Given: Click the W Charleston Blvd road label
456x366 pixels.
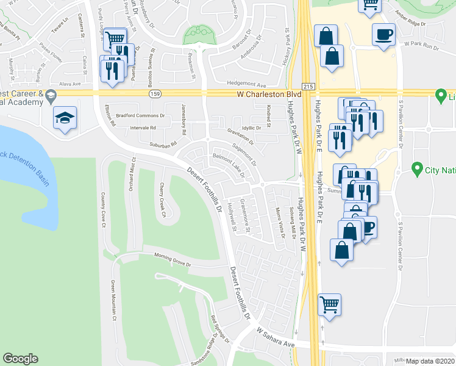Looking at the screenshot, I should [269, 95].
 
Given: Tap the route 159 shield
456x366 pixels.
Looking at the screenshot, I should [155, 95].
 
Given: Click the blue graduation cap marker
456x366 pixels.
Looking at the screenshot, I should [63, 118].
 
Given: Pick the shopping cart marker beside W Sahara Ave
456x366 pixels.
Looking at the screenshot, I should [329, 303].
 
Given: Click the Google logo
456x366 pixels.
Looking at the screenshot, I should [21, 359].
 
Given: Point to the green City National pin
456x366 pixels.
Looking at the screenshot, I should [417, 168].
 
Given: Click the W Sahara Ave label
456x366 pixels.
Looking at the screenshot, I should [276, 337].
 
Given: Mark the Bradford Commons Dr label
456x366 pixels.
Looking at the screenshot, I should [146, 115].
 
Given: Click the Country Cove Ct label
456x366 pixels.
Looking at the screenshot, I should [104, 210].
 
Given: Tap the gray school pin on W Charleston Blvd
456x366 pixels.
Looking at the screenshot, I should [50, 95].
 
